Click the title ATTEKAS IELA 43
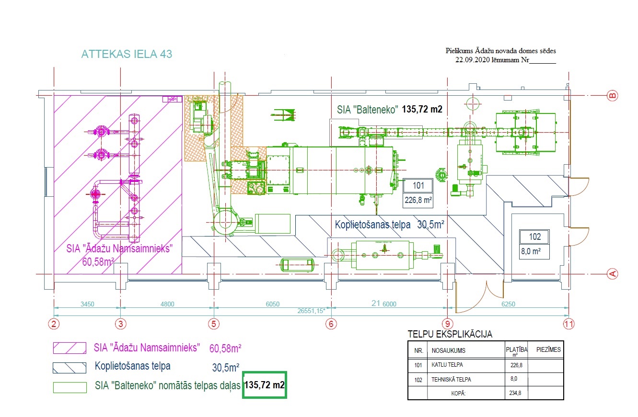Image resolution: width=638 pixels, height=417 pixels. click(127, 54)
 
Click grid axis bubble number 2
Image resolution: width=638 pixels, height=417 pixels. click(54, 324)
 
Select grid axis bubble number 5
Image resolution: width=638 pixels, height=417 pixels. click(214, 324)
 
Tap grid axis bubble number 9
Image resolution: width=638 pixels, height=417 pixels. click(447, 324)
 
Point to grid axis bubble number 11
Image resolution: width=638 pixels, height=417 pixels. click(568, 324)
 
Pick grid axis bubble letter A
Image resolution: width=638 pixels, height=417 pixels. click(612, 274)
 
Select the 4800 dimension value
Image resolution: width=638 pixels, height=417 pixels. click(167, 304)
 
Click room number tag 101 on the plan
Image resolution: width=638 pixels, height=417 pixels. click(418, 185)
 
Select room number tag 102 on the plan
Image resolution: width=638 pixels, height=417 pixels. click(534, 237)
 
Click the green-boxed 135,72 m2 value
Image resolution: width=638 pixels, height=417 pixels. click(265, 384)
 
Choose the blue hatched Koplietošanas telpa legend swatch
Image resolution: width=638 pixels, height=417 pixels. click(70, 368)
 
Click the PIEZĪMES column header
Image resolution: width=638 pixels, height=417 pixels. click(548, 349)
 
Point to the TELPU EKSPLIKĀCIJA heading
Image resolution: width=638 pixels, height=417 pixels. click(450, 334)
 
